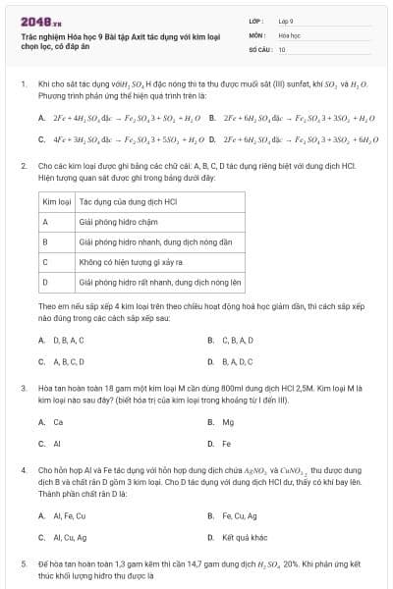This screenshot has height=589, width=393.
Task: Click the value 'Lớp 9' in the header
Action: [x=286, y=20]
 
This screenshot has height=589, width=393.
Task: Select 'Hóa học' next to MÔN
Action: [x=289, y=34]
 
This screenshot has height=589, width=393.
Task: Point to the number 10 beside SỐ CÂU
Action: [x=282, y=48]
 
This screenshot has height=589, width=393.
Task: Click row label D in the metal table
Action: [x=45, y=282]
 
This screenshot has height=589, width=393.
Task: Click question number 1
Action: [x=23, y=85]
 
